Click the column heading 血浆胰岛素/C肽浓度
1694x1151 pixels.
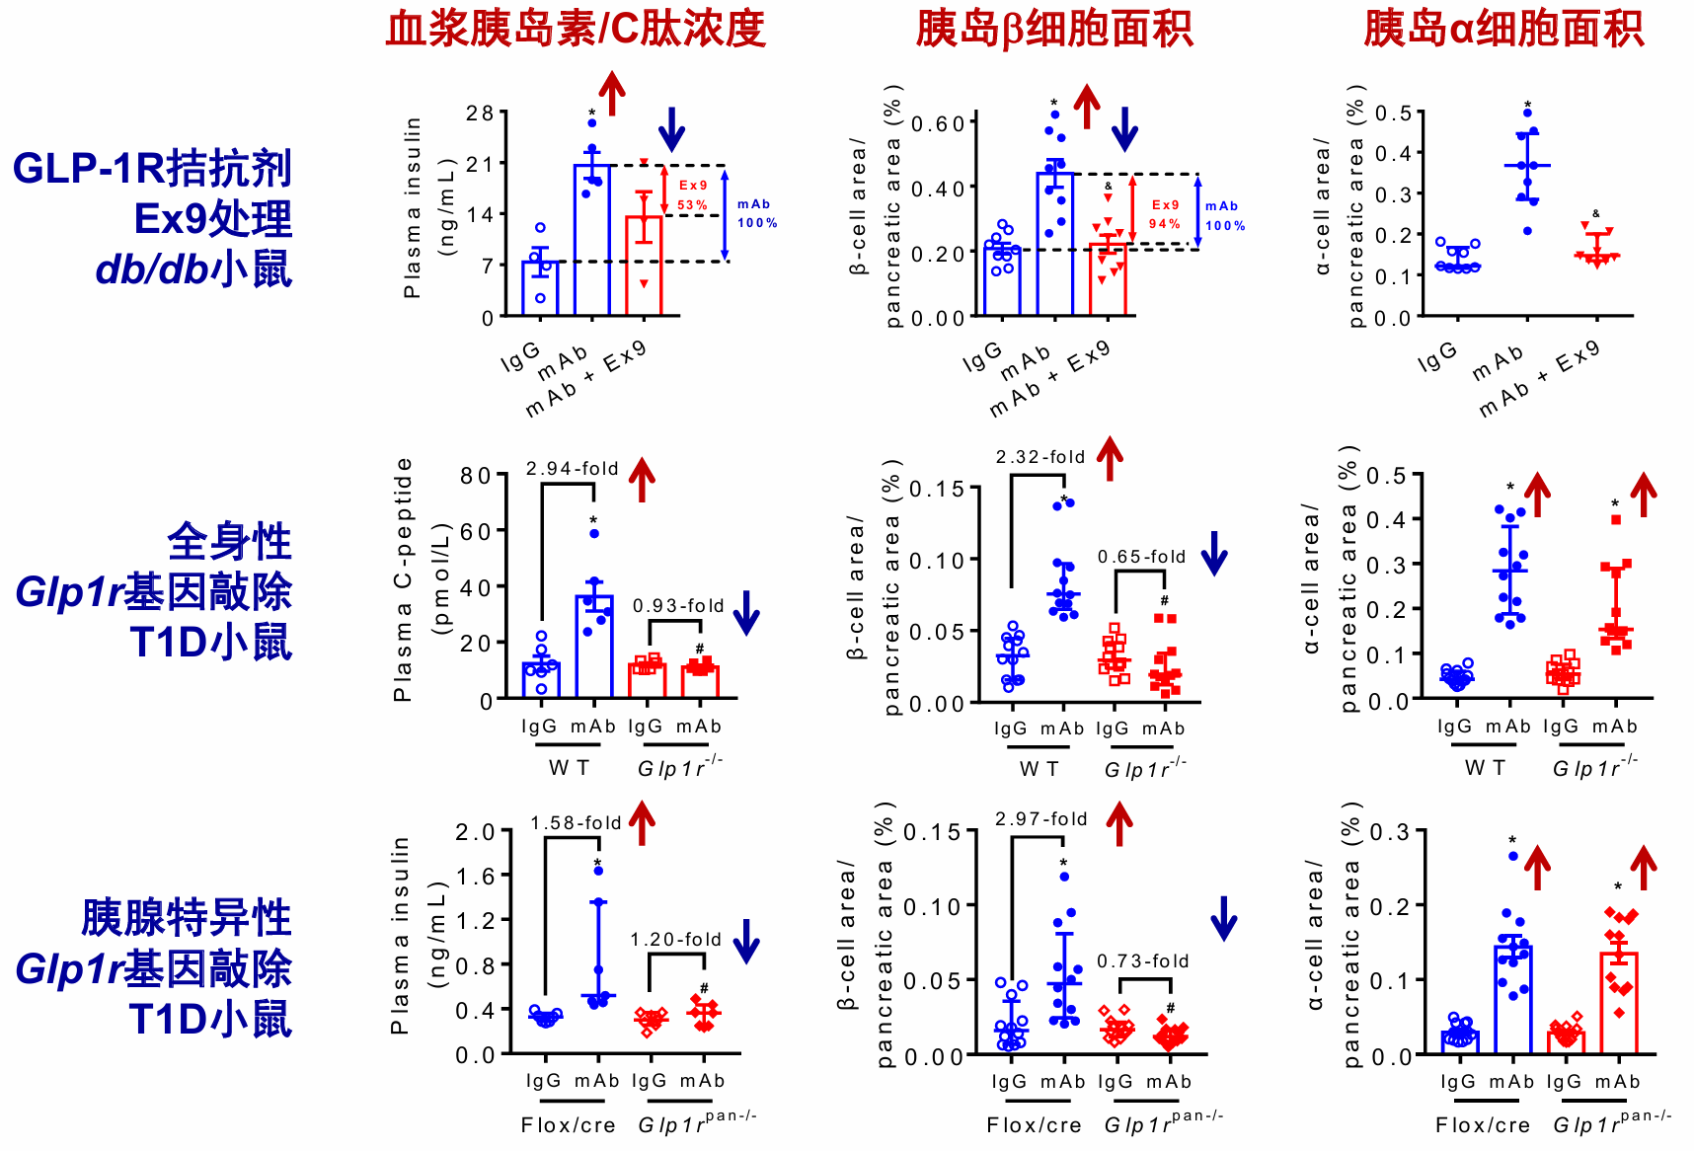point(576,29)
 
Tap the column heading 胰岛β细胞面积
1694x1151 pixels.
point(1054,29)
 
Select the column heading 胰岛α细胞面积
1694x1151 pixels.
point(1503,29)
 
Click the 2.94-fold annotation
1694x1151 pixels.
point(572,468)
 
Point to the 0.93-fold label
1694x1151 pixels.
point(678,605)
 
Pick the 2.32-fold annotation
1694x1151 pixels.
point(1040,457)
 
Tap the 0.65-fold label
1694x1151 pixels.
point(1142,557)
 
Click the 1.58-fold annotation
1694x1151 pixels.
point(577,822)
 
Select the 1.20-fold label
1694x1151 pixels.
point(676,939)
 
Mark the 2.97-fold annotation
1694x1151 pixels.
point(1041,818)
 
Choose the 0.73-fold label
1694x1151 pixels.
point(1143,960)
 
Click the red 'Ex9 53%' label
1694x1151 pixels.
point(693,195)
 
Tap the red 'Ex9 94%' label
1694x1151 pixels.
point(1165,214)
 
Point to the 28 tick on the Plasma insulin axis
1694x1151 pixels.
point(480,113)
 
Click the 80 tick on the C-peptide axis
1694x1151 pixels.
point(475,476)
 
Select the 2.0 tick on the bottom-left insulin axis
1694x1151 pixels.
point(475,832)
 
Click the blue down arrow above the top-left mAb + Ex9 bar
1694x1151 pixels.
point(671,128)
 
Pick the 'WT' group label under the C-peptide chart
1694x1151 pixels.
point(570,767)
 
